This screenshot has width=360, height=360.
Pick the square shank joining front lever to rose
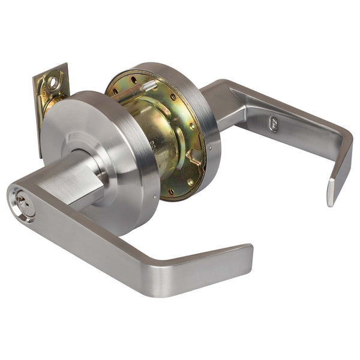tap(75, 180)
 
